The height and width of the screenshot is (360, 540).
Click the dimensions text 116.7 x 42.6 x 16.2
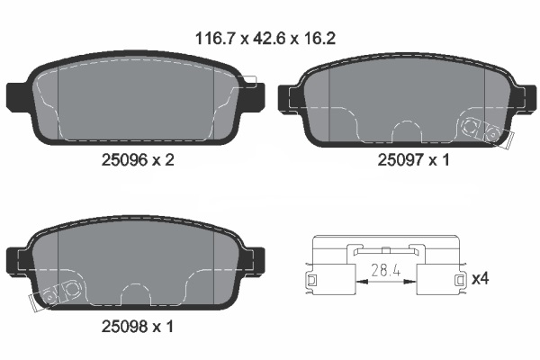click(265, 38)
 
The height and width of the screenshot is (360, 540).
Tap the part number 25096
click(125, 160)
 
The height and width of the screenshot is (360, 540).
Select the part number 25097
click(400, 160)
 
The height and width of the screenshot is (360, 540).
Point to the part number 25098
click(125, 326)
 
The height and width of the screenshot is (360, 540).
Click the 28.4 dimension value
click(386, 270)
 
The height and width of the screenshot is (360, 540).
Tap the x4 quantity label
click(480, 278)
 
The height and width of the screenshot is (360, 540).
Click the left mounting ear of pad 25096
click(16, 97)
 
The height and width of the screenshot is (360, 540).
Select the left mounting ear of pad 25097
click(289, 98)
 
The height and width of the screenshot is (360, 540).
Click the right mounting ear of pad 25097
click(526, 98)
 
